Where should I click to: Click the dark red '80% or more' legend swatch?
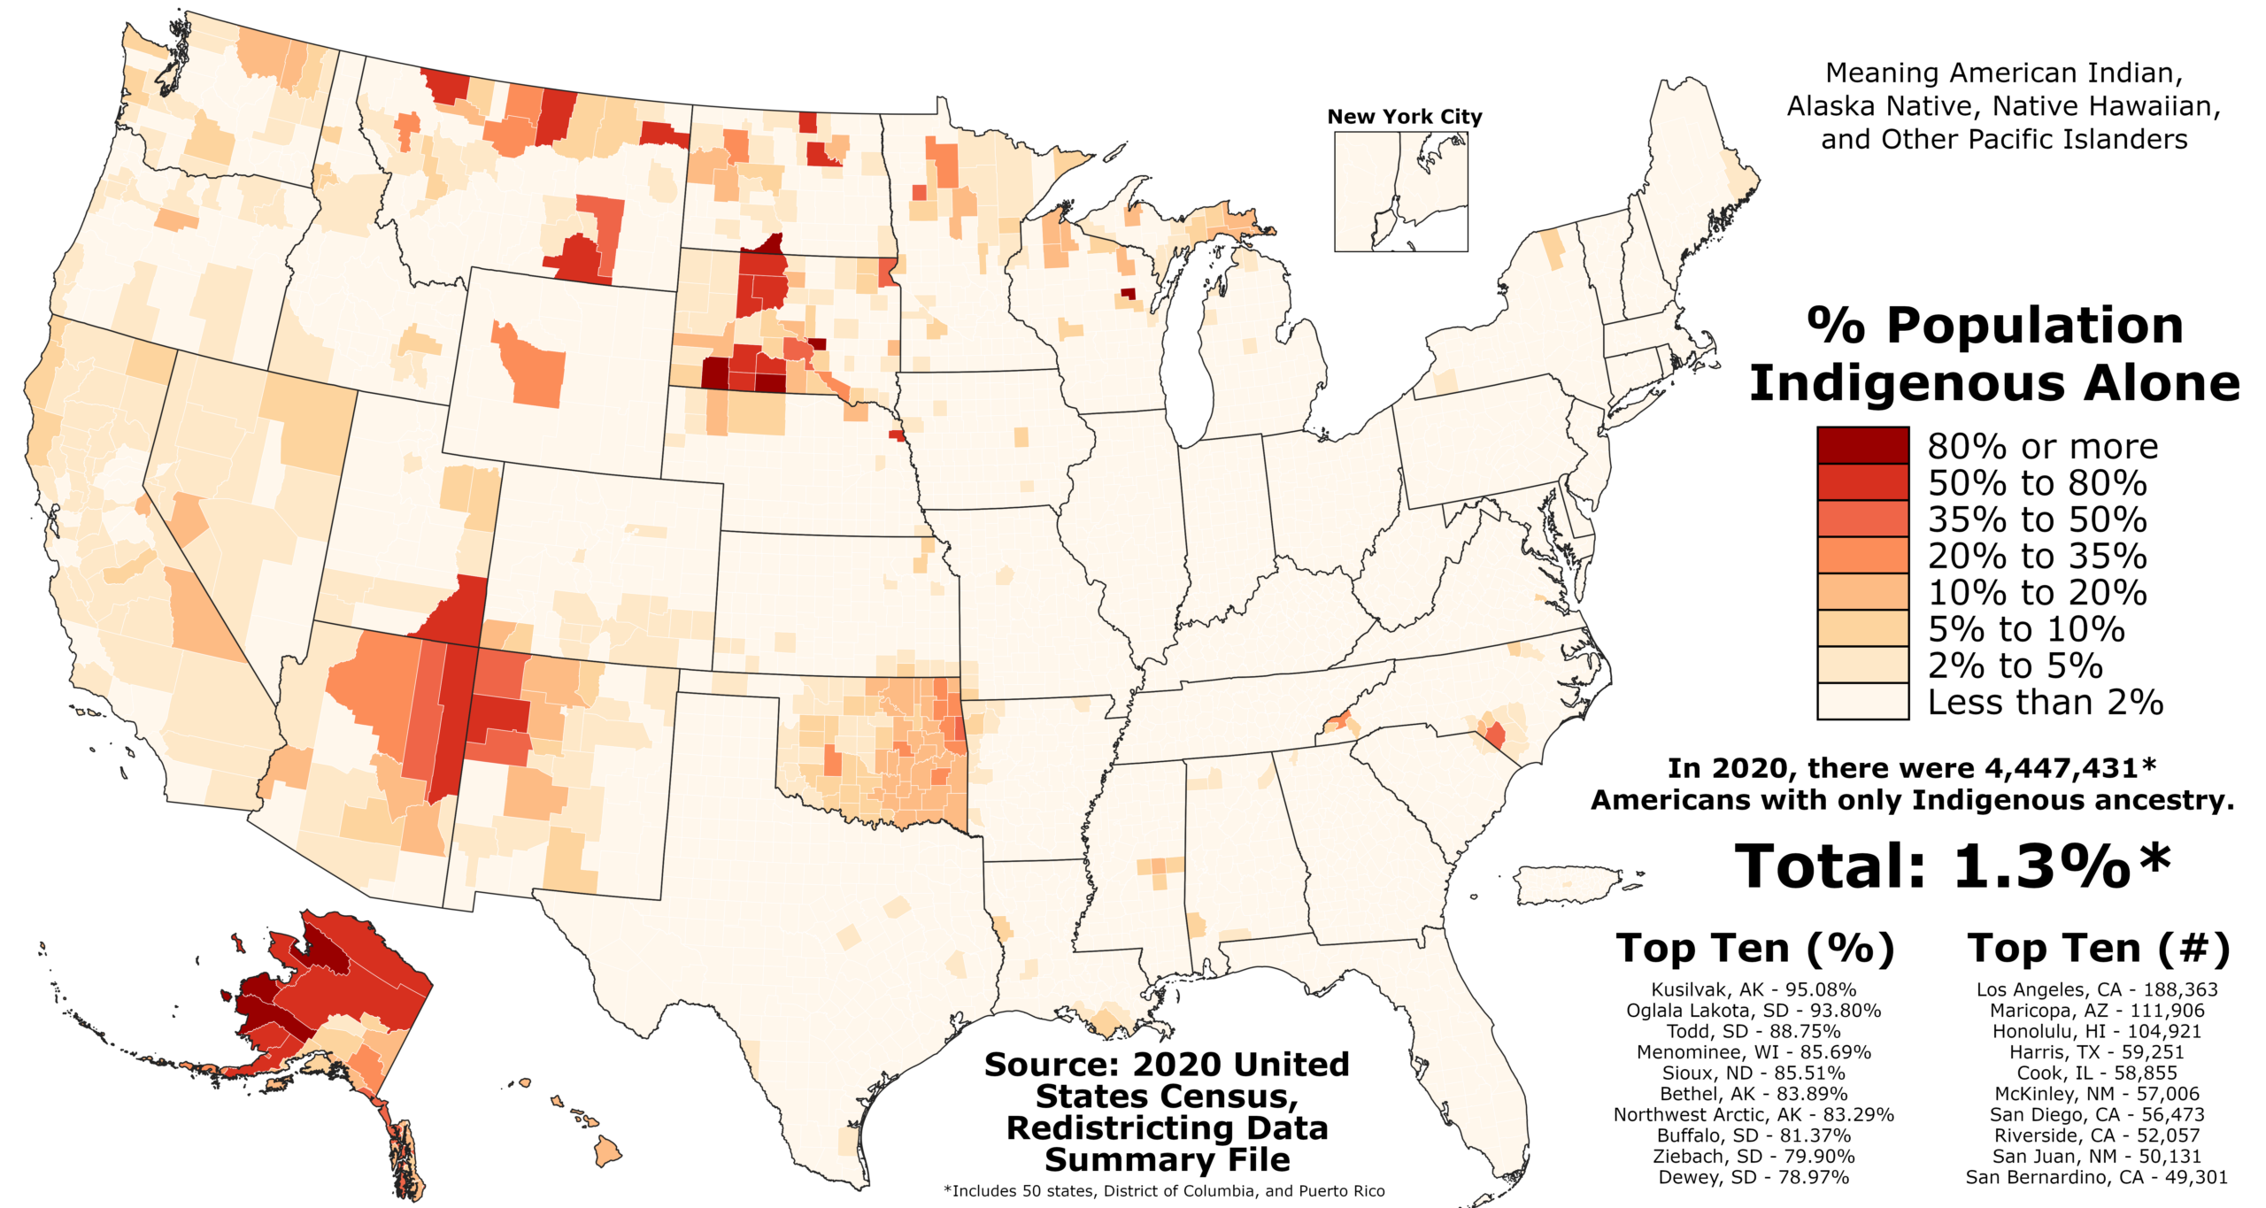coord(1861,445)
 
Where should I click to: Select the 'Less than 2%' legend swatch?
coord(1861,701)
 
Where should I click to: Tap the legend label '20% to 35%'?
coord(2037,556)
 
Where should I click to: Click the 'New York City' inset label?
coord(1404,116)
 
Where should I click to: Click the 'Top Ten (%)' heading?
coord(1754,949)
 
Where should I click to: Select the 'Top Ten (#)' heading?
coord(2098,949)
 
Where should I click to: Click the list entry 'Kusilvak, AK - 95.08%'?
coord(1753,989)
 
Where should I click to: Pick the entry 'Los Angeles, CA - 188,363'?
coord(2097,989)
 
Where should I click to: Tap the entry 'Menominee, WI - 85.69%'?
coord(1753,1052)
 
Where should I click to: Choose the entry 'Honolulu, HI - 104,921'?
coord(2097,1031)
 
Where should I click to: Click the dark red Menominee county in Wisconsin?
coord(1128,293)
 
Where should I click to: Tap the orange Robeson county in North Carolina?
coord(1495,735)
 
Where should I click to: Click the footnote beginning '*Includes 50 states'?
coord(1164,1191)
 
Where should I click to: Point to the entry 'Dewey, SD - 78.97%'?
coord(1753,1177)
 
